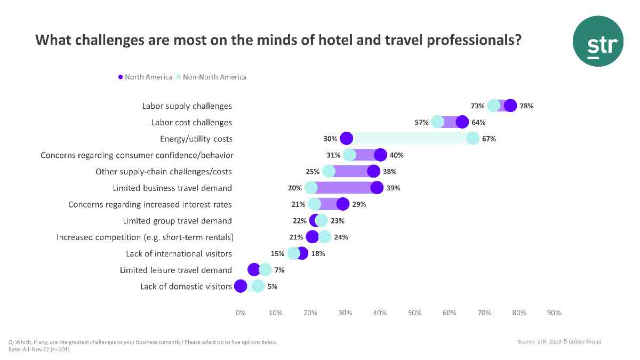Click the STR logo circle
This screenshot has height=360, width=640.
click(x=598, y=41)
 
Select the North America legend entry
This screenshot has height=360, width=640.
click(x=145, y=77)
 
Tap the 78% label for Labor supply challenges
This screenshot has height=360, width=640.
click(x=527, y=106)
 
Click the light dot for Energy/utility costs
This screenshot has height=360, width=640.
click(x=473, y=139)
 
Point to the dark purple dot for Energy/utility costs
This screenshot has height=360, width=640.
click(x=346, y=139)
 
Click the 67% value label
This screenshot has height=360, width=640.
click(x=489, y=139)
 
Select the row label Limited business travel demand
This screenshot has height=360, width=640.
click(x=172, y=188)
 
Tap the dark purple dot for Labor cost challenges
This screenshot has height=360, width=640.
click(x=462, y=122)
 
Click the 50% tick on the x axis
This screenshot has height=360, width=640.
click(x=414, y=313)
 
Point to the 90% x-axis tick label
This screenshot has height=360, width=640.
click(x=554, y=313)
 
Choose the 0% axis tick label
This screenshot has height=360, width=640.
click(x=241, y=313)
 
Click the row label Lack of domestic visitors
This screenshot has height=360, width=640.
click(x=186, y=286)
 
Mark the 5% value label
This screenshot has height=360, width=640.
click(x=272, y=286)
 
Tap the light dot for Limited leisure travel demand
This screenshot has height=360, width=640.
click(x=265, y=270)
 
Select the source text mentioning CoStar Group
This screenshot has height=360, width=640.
click(x=559, y=341)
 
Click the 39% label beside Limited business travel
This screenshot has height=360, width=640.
click(x=394, y=188)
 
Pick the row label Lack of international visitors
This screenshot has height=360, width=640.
click(x=179, y=253)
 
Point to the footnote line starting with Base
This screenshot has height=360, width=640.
click(x=39, y=349)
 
